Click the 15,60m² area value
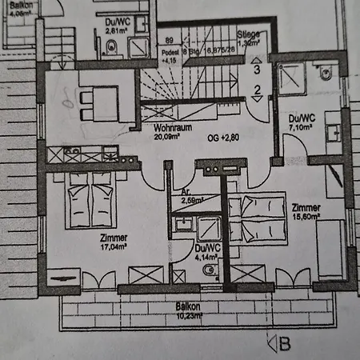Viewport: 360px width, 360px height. [307, 217]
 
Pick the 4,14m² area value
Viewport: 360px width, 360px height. [207, 258]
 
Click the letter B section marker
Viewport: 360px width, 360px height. [283, 344]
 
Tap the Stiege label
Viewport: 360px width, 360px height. [251, 34]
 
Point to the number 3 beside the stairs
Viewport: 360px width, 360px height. [256, 70]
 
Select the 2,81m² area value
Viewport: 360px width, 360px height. [117, 30]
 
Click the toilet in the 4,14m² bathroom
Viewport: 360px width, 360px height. [209, 270]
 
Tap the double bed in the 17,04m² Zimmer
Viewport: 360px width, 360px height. [90, 202]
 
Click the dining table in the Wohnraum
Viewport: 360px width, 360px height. [103, 100]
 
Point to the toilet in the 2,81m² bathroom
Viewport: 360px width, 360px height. [111, 49]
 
